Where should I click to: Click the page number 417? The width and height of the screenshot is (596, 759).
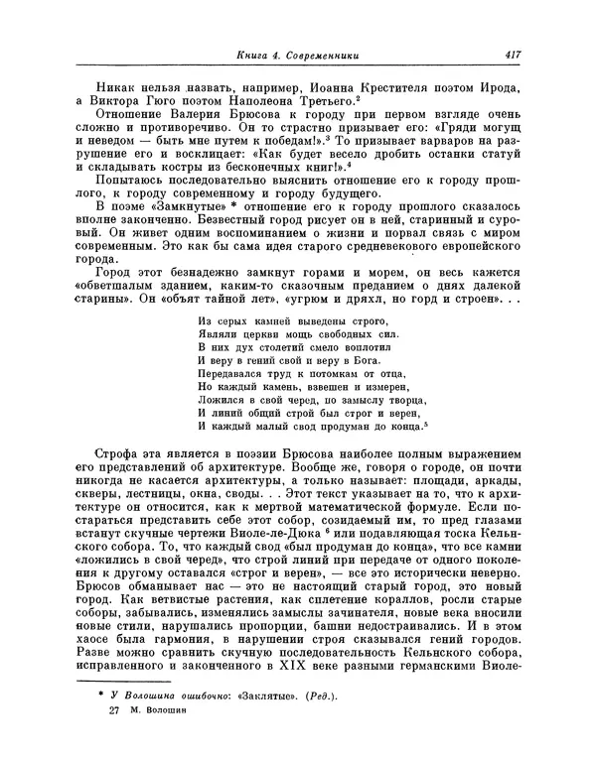(513, 55)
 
